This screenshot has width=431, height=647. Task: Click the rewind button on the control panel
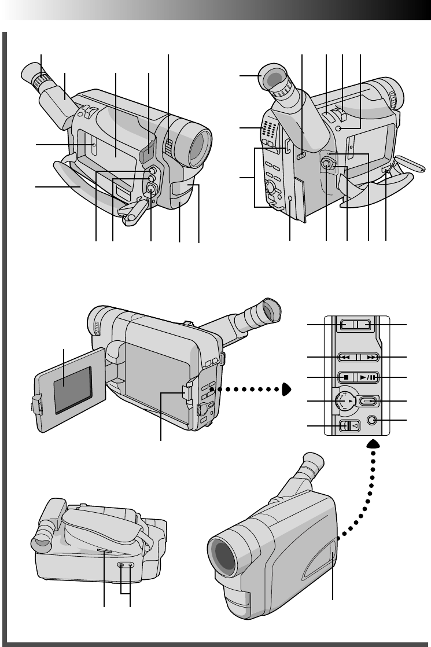[346, 358]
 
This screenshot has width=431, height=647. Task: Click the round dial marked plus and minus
[345, 400]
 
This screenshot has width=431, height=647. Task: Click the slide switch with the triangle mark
[351, 426]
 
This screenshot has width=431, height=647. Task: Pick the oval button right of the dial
[368, 400]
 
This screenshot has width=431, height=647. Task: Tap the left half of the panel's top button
[346, 325]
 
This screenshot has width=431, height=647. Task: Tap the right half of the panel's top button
[364, 325]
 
